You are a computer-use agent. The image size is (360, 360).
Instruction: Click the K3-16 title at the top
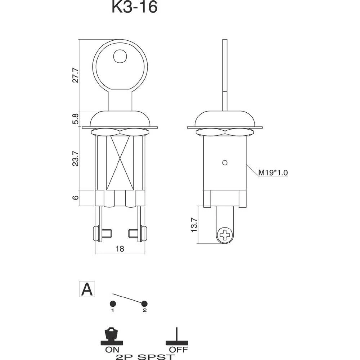134,7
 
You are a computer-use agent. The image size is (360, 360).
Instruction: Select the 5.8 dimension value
75,119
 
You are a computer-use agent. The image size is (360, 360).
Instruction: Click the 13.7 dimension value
194,225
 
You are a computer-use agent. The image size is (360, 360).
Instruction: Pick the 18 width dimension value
120,248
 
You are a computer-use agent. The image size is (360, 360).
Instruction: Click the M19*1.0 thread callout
273,173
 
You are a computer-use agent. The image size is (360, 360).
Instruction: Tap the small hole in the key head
120,56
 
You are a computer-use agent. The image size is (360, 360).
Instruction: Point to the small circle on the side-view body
225,163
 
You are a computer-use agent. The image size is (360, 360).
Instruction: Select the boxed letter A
87,289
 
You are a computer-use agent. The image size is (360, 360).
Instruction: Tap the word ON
112,349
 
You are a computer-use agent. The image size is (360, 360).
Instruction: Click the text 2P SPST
145,357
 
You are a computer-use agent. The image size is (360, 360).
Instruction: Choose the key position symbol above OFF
176,336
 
